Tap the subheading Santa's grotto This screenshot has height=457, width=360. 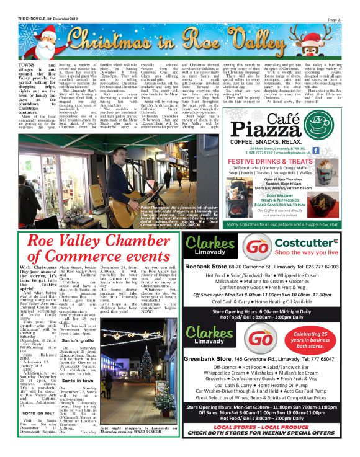78,342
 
